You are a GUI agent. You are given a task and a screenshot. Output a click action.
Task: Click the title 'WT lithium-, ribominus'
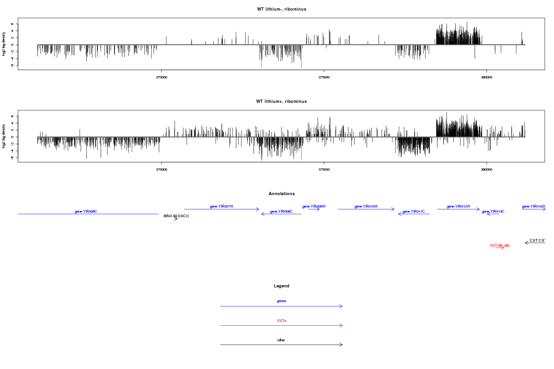point(281,9)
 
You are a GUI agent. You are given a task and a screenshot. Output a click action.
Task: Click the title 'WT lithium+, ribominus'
point(281,101)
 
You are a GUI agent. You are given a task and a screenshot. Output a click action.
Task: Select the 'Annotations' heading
point(281,194)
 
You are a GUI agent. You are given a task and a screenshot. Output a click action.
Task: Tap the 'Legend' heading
point(281,286)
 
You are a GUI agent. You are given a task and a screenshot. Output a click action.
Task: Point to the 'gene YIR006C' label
point(86,212)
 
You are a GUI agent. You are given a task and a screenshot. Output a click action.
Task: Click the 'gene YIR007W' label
point(222,207)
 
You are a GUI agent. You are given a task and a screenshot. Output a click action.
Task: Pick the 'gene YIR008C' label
point(281,212)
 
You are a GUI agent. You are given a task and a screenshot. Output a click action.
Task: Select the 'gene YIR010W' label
point(366,207)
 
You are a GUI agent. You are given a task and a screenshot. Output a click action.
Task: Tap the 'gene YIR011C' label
point(414,212)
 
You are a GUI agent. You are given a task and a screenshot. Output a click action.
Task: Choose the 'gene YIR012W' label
point(458,207)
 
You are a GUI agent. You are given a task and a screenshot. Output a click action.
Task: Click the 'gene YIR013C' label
point(493,212)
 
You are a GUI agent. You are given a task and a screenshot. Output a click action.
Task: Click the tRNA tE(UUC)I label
point(176,216)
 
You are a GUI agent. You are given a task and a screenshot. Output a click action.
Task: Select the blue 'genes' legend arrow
point(281,306)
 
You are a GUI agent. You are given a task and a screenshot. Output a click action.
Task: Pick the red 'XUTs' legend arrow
point(281,326)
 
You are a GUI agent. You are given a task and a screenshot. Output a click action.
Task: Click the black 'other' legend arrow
point(281,345)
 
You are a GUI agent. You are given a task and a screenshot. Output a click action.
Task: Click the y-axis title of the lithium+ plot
point(4,136)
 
